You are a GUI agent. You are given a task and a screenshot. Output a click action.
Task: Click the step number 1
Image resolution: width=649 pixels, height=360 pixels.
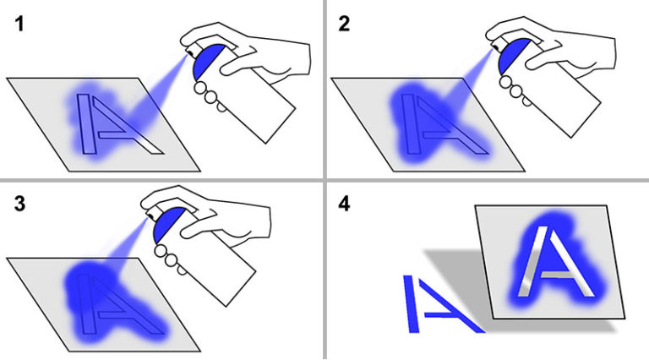(19, 24)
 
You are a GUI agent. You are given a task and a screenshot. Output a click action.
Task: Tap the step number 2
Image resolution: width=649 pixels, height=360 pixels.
(344, 24)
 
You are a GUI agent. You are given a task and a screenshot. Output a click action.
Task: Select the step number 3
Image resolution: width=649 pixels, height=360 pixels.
(19, 204)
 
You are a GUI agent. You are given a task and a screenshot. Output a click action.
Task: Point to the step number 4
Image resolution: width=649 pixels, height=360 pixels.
(344, 204)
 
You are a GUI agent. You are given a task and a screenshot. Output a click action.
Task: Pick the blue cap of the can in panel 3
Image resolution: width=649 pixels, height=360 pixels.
(167, 224)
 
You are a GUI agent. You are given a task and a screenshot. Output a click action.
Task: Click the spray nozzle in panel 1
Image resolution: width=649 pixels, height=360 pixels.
(191, 52)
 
